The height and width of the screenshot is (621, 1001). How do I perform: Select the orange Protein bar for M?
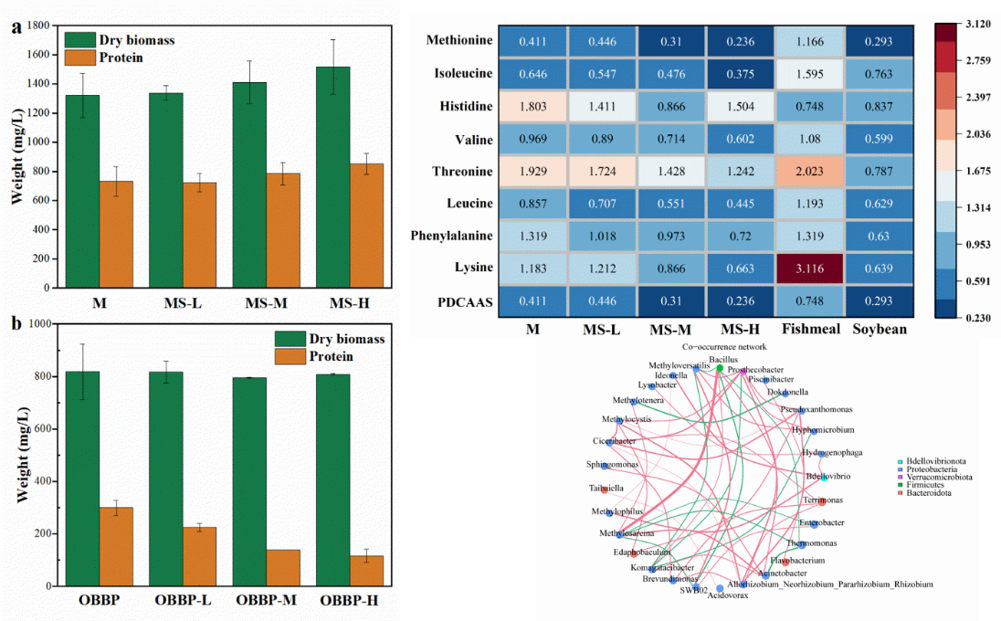pyautogui.click(x=117, y=234)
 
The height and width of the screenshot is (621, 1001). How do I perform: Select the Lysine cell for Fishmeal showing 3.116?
pyautogui.click(x=809, y=268)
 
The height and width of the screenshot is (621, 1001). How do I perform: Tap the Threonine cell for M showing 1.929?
pyautogui.click(x=532, y=172)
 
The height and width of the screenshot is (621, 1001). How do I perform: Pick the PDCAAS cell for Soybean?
pyautogui.click(x=880, y=300)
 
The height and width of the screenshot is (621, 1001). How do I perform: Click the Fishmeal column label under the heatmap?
pyautogui.click(x=809, y=328)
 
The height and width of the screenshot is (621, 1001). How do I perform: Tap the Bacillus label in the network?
pyautogui.click(x=722, y=361)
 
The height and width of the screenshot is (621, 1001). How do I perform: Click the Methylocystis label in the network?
pyautogui.click(x=627, y=419)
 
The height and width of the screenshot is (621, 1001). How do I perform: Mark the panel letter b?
pyautogui.click(x=16, y=323)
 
